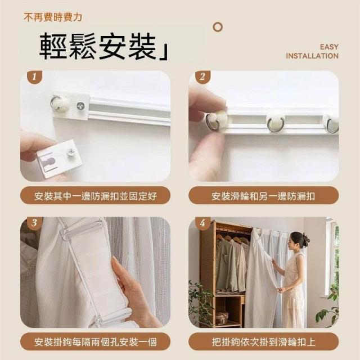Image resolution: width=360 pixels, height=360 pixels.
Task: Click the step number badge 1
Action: [34, 77]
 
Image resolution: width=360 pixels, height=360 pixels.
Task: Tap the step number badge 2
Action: [202, 77]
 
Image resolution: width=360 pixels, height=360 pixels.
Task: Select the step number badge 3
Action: [34, 223]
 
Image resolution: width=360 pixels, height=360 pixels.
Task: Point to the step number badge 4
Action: [202, 223]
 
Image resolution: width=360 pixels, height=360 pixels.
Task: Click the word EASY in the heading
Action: [329, 47]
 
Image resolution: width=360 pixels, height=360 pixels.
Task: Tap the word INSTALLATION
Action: [312, 56]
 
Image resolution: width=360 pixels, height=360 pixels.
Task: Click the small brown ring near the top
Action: [218, 27]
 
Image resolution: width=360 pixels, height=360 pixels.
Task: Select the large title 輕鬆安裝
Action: [98, 46]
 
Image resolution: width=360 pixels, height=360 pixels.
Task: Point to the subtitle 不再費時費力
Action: [53, 17]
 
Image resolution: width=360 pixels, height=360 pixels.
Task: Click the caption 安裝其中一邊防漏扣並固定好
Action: [95, 196]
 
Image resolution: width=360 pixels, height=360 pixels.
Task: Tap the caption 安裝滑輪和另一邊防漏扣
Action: [263, 196]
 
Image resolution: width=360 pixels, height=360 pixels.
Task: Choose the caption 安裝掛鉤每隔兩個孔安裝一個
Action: [95, 342]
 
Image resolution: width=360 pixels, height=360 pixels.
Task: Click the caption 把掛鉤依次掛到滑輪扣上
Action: [263, 342]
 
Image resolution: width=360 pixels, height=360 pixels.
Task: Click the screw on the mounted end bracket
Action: [80, 106]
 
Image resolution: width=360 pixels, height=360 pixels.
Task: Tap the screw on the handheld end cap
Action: [71, 151]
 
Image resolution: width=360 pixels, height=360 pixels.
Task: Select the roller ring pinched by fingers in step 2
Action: [213, 121]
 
